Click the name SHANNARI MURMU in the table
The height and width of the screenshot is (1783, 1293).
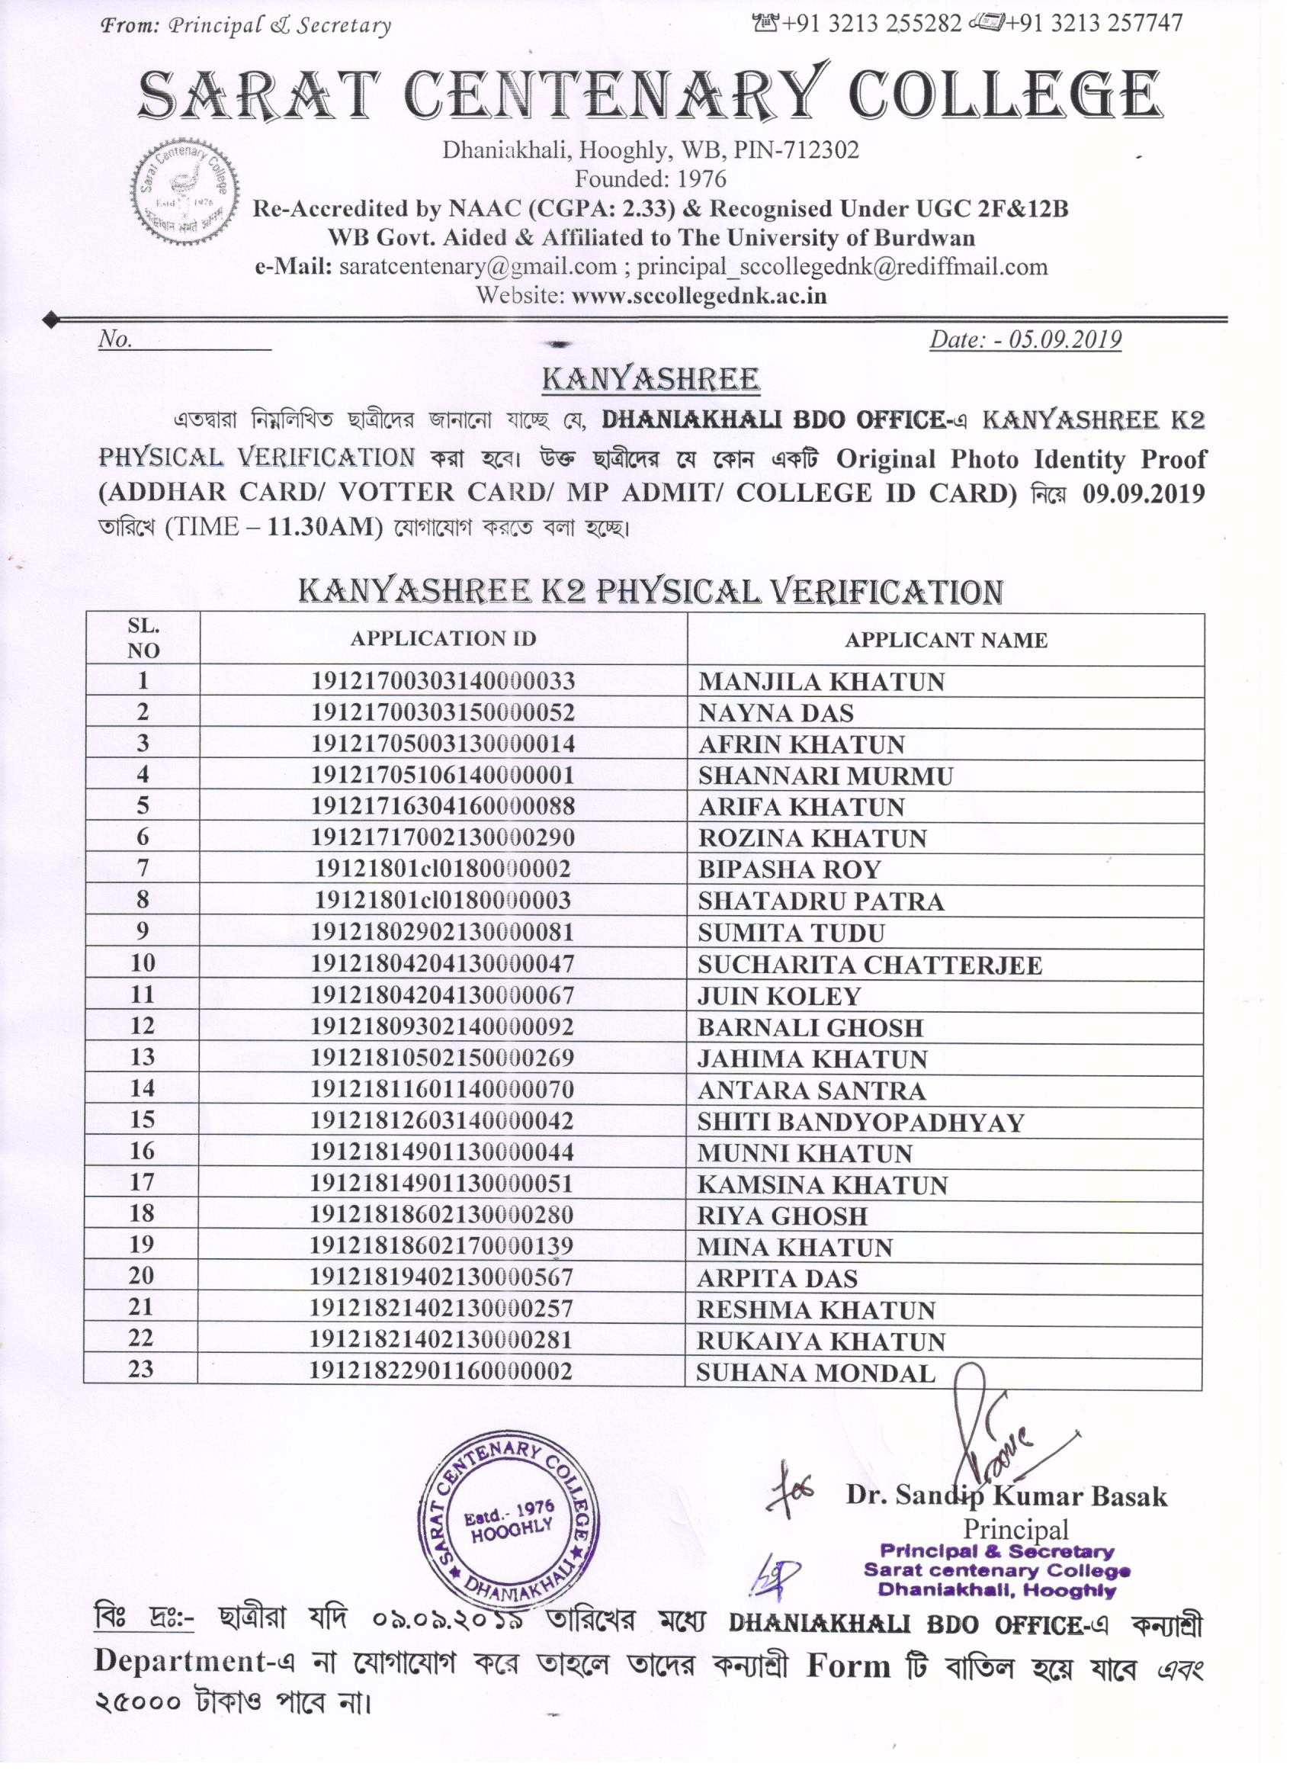tap(826, 776)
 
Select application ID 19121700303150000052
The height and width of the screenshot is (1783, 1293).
tap(442, 712)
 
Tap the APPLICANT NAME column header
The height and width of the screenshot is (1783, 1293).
tap(945, 640)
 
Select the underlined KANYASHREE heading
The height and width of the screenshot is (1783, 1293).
tap(650, 380)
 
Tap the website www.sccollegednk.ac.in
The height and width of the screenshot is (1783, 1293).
tap(699, 297)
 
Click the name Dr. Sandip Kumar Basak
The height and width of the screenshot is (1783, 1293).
tap(1006, 1495)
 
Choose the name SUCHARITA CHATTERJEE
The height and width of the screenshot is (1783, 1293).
tap(870, 965)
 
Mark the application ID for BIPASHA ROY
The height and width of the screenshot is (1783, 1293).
tap(442, 869)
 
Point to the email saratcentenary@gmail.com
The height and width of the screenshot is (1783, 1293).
tap(478, 267)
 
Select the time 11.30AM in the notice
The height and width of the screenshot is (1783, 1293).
tap(325, 526)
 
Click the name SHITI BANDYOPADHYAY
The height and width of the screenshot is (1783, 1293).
tap(861, 1122)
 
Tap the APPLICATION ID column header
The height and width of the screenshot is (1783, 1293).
tap(443, 638)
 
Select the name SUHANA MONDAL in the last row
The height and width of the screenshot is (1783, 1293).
tap(815, 1373)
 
